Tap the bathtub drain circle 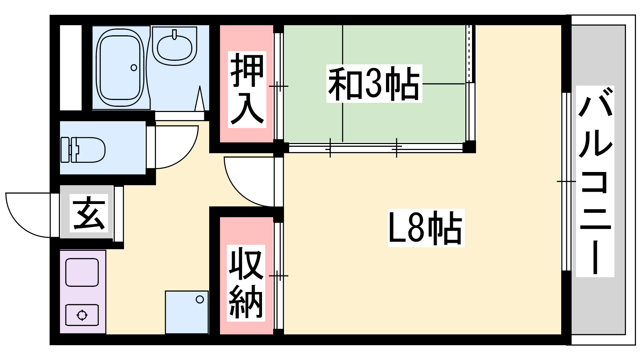point(134,68)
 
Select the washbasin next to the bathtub point(174,46)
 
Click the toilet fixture point(83,150)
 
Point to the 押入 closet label point(247,90)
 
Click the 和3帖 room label point(374,84)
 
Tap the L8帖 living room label point(426,228)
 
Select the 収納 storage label point(246,283)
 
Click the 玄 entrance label point(89,213)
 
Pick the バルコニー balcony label point(595,182)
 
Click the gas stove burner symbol point(82,315)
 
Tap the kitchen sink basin point(82,272)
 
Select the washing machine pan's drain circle point(200,300)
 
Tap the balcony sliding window point(566,182)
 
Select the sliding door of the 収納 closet point(278,276)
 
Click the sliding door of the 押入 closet point(278,86)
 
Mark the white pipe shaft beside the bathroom point(70,68)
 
